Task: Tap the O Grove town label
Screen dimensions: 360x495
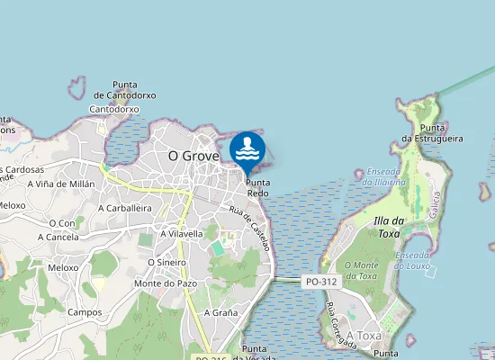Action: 193,156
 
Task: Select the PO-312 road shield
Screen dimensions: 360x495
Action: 320,282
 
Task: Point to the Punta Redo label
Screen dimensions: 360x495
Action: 257,187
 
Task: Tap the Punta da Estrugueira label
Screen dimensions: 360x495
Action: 432,133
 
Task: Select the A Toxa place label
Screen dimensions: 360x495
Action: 364,335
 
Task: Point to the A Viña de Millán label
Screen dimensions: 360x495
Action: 61,183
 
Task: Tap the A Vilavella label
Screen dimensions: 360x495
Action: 181,233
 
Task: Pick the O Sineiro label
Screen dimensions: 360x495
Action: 166,262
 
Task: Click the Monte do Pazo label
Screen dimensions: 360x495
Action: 165,283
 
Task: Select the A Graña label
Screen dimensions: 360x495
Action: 220,312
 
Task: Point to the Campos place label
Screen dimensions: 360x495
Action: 84,312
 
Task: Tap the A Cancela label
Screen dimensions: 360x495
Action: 58,238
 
